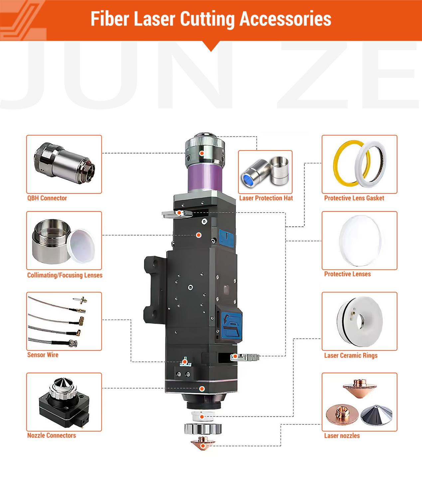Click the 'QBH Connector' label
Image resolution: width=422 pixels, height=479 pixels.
47,198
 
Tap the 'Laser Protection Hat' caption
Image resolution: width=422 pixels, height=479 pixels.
266,198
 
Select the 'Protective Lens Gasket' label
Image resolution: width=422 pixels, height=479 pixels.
354,198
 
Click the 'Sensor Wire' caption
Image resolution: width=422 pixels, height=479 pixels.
43,355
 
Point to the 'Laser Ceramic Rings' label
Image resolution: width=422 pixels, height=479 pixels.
351,355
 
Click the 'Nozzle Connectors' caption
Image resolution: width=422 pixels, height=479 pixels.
52,435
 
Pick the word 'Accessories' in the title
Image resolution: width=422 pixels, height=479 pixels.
285,19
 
